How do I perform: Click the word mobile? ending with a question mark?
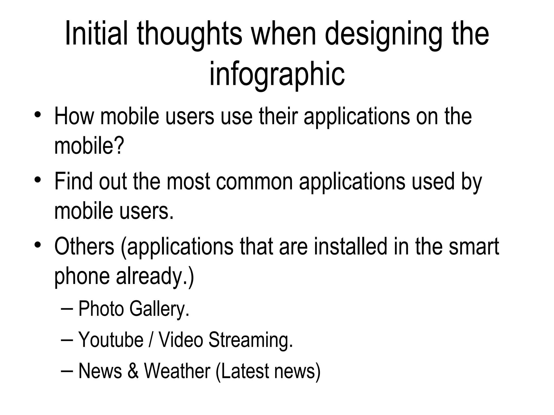click(x=89, y=145)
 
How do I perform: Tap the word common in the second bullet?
click(x=254, y=182)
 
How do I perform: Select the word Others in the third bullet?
click(x=84, y=246)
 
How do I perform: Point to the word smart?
click(x=474, y=247)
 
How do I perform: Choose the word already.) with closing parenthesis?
click(x=155, y=276)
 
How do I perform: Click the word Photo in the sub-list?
click(x=101, y=309)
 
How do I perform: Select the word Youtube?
click(x=111, y=340)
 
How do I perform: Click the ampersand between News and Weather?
click(x=133, y=371)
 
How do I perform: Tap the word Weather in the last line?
click(x=177, y=371)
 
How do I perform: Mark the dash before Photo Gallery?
click(x=67, y=309)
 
